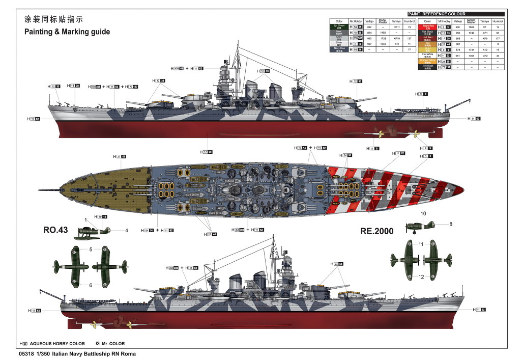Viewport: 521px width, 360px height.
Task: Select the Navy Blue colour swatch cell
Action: (x=339, y=50)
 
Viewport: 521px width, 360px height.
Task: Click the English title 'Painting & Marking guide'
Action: (x=67, y=32)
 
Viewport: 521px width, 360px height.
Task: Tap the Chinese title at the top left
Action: (x=53, y=19)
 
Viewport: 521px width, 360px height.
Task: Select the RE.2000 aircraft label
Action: (x=377, y=231)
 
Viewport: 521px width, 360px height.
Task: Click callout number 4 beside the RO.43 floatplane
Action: (x=127, y=231)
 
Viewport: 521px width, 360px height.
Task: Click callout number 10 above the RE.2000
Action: (x=423, y=213)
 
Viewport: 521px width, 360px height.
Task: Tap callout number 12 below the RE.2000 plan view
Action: (x=421, y=276)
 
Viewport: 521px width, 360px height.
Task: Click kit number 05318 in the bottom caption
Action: (x=25, y=353)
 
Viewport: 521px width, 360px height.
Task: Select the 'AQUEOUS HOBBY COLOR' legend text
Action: (x=60, y=344)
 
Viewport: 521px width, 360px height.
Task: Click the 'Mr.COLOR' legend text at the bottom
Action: (x=112, y=344)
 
